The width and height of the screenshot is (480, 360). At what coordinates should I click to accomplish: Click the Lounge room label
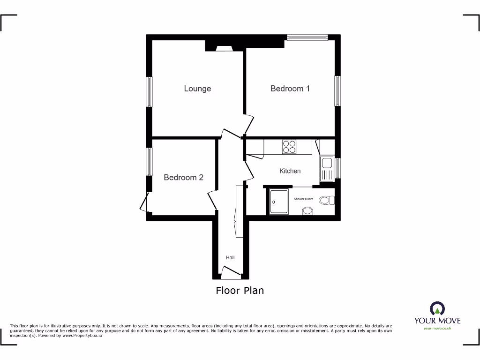197,89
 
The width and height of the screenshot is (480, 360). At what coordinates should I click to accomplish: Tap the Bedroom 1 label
290,89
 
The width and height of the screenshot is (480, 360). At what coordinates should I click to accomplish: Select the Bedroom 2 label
183,178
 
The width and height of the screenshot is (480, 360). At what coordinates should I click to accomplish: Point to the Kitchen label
290,171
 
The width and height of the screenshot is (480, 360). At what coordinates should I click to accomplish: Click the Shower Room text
303,199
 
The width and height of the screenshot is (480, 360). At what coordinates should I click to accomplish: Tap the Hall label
230,258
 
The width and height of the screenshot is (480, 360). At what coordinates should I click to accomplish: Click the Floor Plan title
240,291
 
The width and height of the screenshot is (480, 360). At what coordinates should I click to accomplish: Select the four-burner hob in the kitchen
289,147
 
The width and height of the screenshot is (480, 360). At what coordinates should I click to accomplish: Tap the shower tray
279,202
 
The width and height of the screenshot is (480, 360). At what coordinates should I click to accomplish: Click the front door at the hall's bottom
230,270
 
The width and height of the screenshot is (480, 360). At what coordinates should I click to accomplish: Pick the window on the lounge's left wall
149,91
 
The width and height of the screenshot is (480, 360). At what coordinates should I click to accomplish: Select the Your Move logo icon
437,308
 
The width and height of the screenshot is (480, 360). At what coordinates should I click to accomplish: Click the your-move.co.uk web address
437,329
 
